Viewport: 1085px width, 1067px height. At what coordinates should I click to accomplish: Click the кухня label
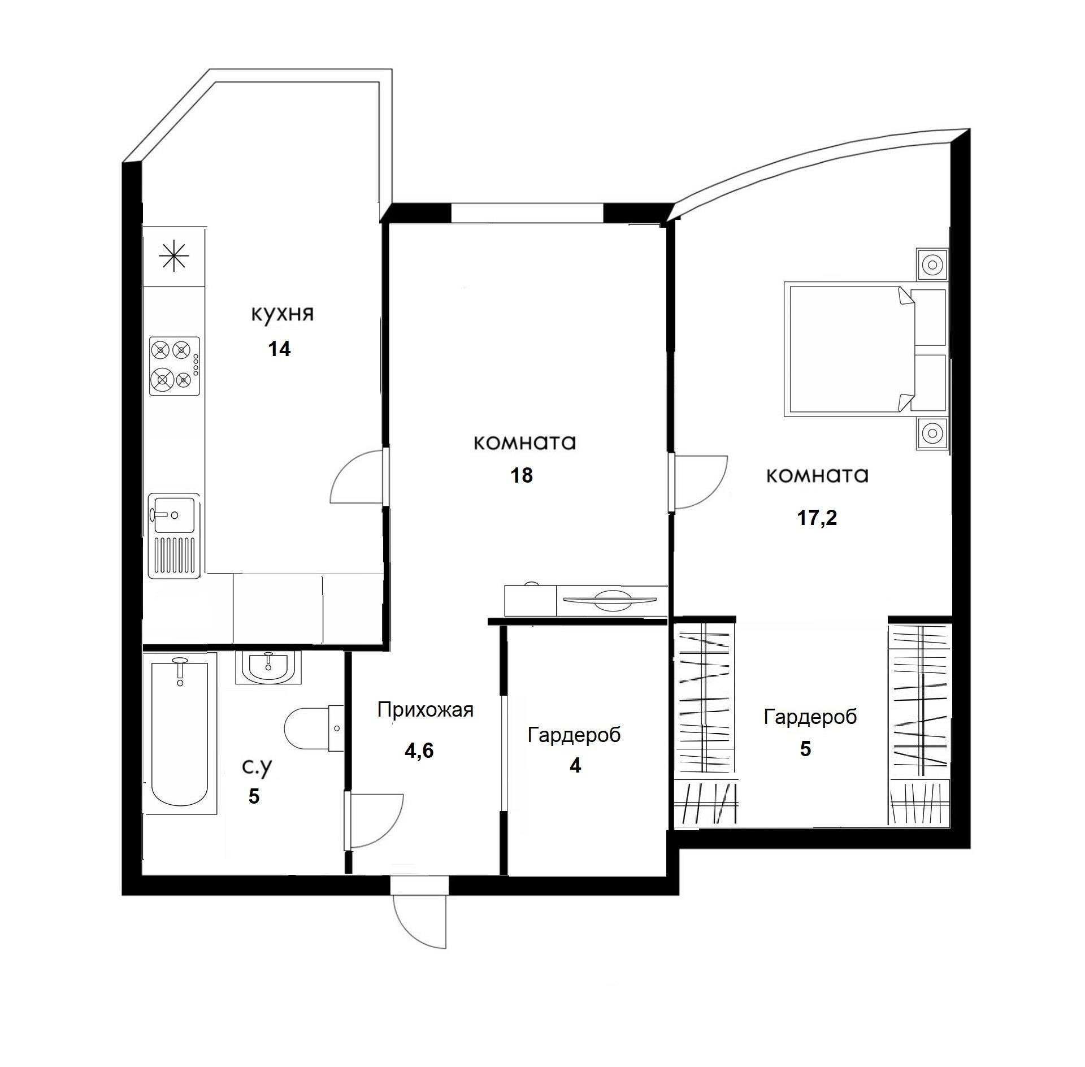(282, 314)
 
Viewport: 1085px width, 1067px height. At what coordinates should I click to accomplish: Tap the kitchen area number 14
(279, 349)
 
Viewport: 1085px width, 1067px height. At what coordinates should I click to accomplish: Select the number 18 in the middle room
(522, 475)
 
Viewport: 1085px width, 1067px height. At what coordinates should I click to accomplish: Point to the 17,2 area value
(817, 518)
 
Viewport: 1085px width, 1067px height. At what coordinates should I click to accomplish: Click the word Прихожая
(425, 710)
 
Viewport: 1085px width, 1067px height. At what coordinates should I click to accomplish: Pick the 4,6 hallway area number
(419, 751)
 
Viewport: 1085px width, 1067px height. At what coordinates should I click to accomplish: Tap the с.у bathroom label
(257, 767)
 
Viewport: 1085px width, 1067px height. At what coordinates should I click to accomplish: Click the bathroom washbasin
(268, 668)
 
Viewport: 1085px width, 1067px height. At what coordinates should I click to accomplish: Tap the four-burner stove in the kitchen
(174, 366)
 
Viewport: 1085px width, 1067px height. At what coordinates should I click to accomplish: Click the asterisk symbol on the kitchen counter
(173, 258)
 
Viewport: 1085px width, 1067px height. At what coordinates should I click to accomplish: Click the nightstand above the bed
(932, 264)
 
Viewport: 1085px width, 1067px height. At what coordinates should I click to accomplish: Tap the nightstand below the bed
(932, 433)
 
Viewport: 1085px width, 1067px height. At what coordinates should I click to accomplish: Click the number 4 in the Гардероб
(575, 766)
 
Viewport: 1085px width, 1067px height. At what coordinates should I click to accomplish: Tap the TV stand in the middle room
(586, 600)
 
